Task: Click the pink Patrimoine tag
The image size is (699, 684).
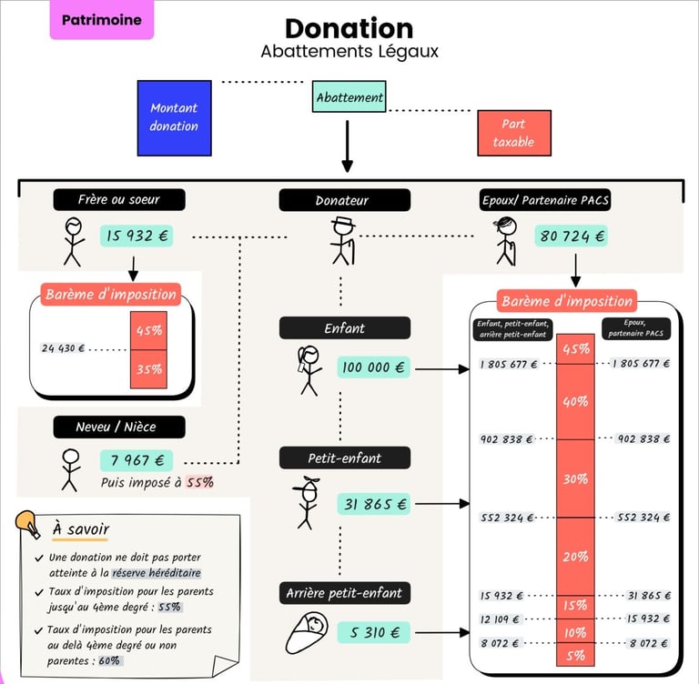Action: pos(101,20)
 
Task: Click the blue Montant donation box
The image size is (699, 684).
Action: pos(174,117)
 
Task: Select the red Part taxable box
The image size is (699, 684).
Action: pos(513,133)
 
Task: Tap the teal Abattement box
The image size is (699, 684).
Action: pos(349,97)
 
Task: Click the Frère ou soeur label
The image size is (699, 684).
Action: pos(119,199)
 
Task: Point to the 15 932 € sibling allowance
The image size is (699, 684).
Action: pos(137,236)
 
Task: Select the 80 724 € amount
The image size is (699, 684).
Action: pos(571,236)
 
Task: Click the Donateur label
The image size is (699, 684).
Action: pos(344,200)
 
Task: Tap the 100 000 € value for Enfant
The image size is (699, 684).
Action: pos(374,367)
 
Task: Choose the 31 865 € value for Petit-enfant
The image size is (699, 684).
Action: pos(374,503)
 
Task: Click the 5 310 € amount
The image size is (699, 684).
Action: pos(374,632)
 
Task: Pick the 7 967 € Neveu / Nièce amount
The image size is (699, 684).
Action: pos(137,459)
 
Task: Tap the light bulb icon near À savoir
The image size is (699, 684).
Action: pos(28,525)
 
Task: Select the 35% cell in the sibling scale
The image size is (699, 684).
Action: pos(148,369)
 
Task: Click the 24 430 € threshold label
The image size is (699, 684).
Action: pos(63,348)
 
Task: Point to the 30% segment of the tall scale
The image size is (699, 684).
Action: pos(575,478)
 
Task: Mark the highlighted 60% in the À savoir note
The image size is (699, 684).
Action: pos(109,660)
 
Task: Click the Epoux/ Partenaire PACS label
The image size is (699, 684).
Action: pos(544,200)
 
